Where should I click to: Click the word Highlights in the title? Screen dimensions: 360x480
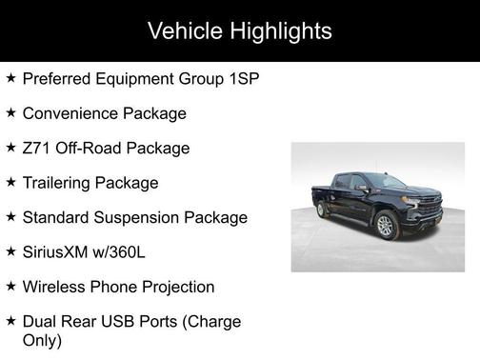pyautogui.click(x=277, y=30)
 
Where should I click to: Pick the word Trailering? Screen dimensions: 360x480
pyautogui.click(x=60, y=182)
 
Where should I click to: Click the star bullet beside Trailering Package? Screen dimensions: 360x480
pyautogui.click(x=10, y=181)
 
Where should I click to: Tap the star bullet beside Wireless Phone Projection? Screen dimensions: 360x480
pyautogui.click(x=10, y=286)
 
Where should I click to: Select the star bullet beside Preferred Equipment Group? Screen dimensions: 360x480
pyautogui.click(x=10, y=77)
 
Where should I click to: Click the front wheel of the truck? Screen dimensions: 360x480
pyautogui.click(x=386, y=226)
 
